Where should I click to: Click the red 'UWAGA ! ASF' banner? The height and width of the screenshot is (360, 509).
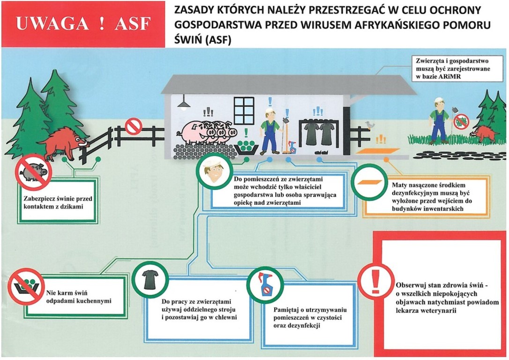tap(83, 24)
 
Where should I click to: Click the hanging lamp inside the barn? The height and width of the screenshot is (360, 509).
tap(184, 103)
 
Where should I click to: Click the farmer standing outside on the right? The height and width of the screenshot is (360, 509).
tap(439, 120)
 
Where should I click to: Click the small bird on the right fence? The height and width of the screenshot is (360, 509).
tap(371, 124)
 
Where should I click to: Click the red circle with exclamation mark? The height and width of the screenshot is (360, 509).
tap(375, 282)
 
